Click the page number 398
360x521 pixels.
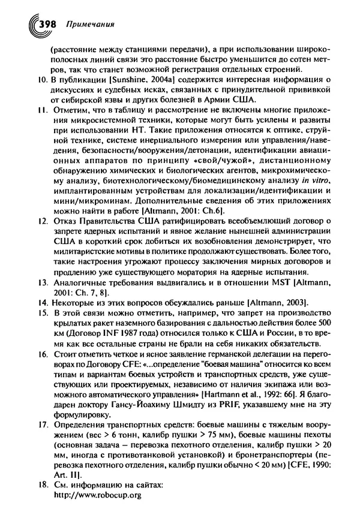click(x=46, y=25)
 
